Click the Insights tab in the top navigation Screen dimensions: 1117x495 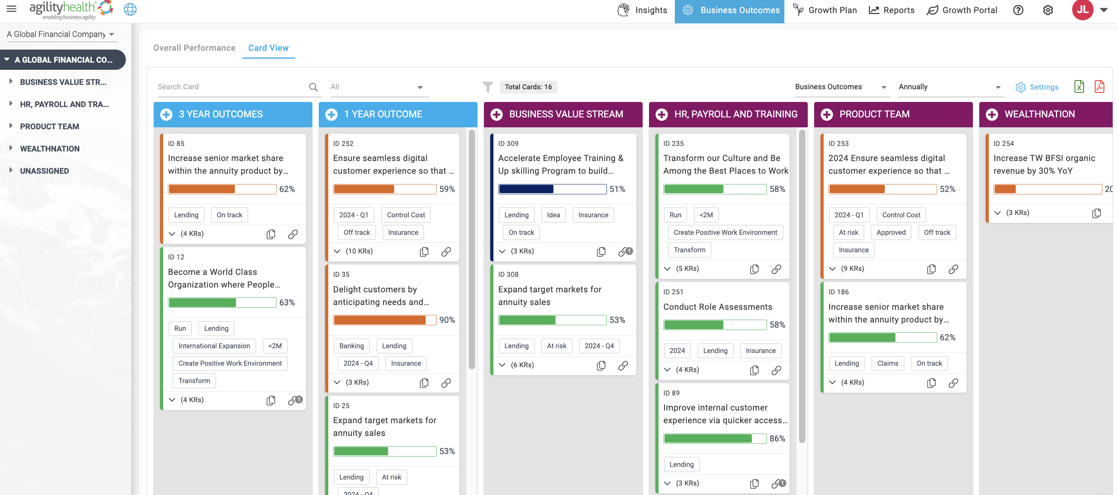(642, 10)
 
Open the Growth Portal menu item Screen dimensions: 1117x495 (962, 10)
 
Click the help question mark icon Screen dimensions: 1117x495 (1018, 10)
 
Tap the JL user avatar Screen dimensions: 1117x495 (1082, 10)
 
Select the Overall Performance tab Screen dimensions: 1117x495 (194, 48)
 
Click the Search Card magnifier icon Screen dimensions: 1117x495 (313, 87)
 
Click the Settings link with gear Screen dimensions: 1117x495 (1037, 87)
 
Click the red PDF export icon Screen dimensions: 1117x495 (1099, 87)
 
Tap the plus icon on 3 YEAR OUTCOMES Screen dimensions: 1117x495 (166, 115)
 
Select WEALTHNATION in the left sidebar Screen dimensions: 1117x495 (50, 149)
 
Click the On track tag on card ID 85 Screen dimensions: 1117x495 (229, 215)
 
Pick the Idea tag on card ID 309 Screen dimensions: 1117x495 (553, 215)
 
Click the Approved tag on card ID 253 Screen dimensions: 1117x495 (891, 232)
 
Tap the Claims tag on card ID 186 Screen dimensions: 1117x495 (887, 363)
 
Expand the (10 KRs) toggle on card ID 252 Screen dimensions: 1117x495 (353, 251)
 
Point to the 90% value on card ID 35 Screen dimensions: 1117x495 (447, 320)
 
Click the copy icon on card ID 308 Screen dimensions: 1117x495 (601, 365)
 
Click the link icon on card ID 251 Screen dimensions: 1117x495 (776, 370)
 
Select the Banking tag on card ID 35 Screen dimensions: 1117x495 (351, 346)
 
